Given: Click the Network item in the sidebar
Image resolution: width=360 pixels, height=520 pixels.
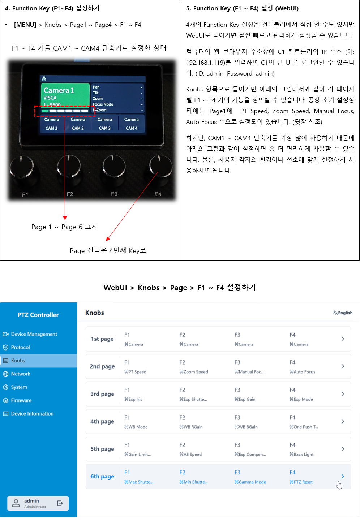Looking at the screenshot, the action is (x=21, y=374).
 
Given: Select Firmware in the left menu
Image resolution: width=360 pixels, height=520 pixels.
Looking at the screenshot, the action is (x=21, y=400).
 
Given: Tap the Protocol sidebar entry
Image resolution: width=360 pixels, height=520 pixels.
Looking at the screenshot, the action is (x=20, y=347).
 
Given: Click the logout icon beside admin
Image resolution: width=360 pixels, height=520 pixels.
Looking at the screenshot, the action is (x=60, y=503).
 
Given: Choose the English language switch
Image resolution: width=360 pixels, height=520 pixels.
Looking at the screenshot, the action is (x=343, y=313).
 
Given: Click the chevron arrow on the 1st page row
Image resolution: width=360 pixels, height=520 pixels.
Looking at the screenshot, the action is (x=343, y=339).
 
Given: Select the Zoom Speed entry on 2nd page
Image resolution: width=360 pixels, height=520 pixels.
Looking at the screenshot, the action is (x=194, y=371).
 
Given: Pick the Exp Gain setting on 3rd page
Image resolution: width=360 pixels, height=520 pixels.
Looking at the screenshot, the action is (x=245, y=399).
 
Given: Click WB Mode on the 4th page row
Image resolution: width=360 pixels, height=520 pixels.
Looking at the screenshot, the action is (x=136, y=427).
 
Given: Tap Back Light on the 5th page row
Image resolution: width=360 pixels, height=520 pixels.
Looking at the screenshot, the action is (x=301, y=454).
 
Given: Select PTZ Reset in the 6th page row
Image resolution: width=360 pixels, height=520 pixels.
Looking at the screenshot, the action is (x=301, y=482).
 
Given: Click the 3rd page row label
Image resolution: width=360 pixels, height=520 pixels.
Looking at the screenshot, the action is (x=102, y=394).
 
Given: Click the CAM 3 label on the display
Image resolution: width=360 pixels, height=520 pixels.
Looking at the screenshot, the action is (x=105, y=128).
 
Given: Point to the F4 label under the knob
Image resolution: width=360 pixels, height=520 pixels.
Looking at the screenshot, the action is (x=158, y=194).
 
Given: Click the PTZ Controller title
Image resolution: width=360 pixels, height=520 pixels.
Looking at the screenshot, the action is (x=38, y=315).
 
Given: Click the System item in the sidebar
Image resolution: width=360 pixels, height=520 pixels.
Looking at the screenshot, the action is (x=19, y=387).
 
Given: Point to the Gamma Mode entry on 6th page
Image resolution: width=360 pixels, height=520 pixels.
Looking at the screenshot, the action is (x=250, y=482).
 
